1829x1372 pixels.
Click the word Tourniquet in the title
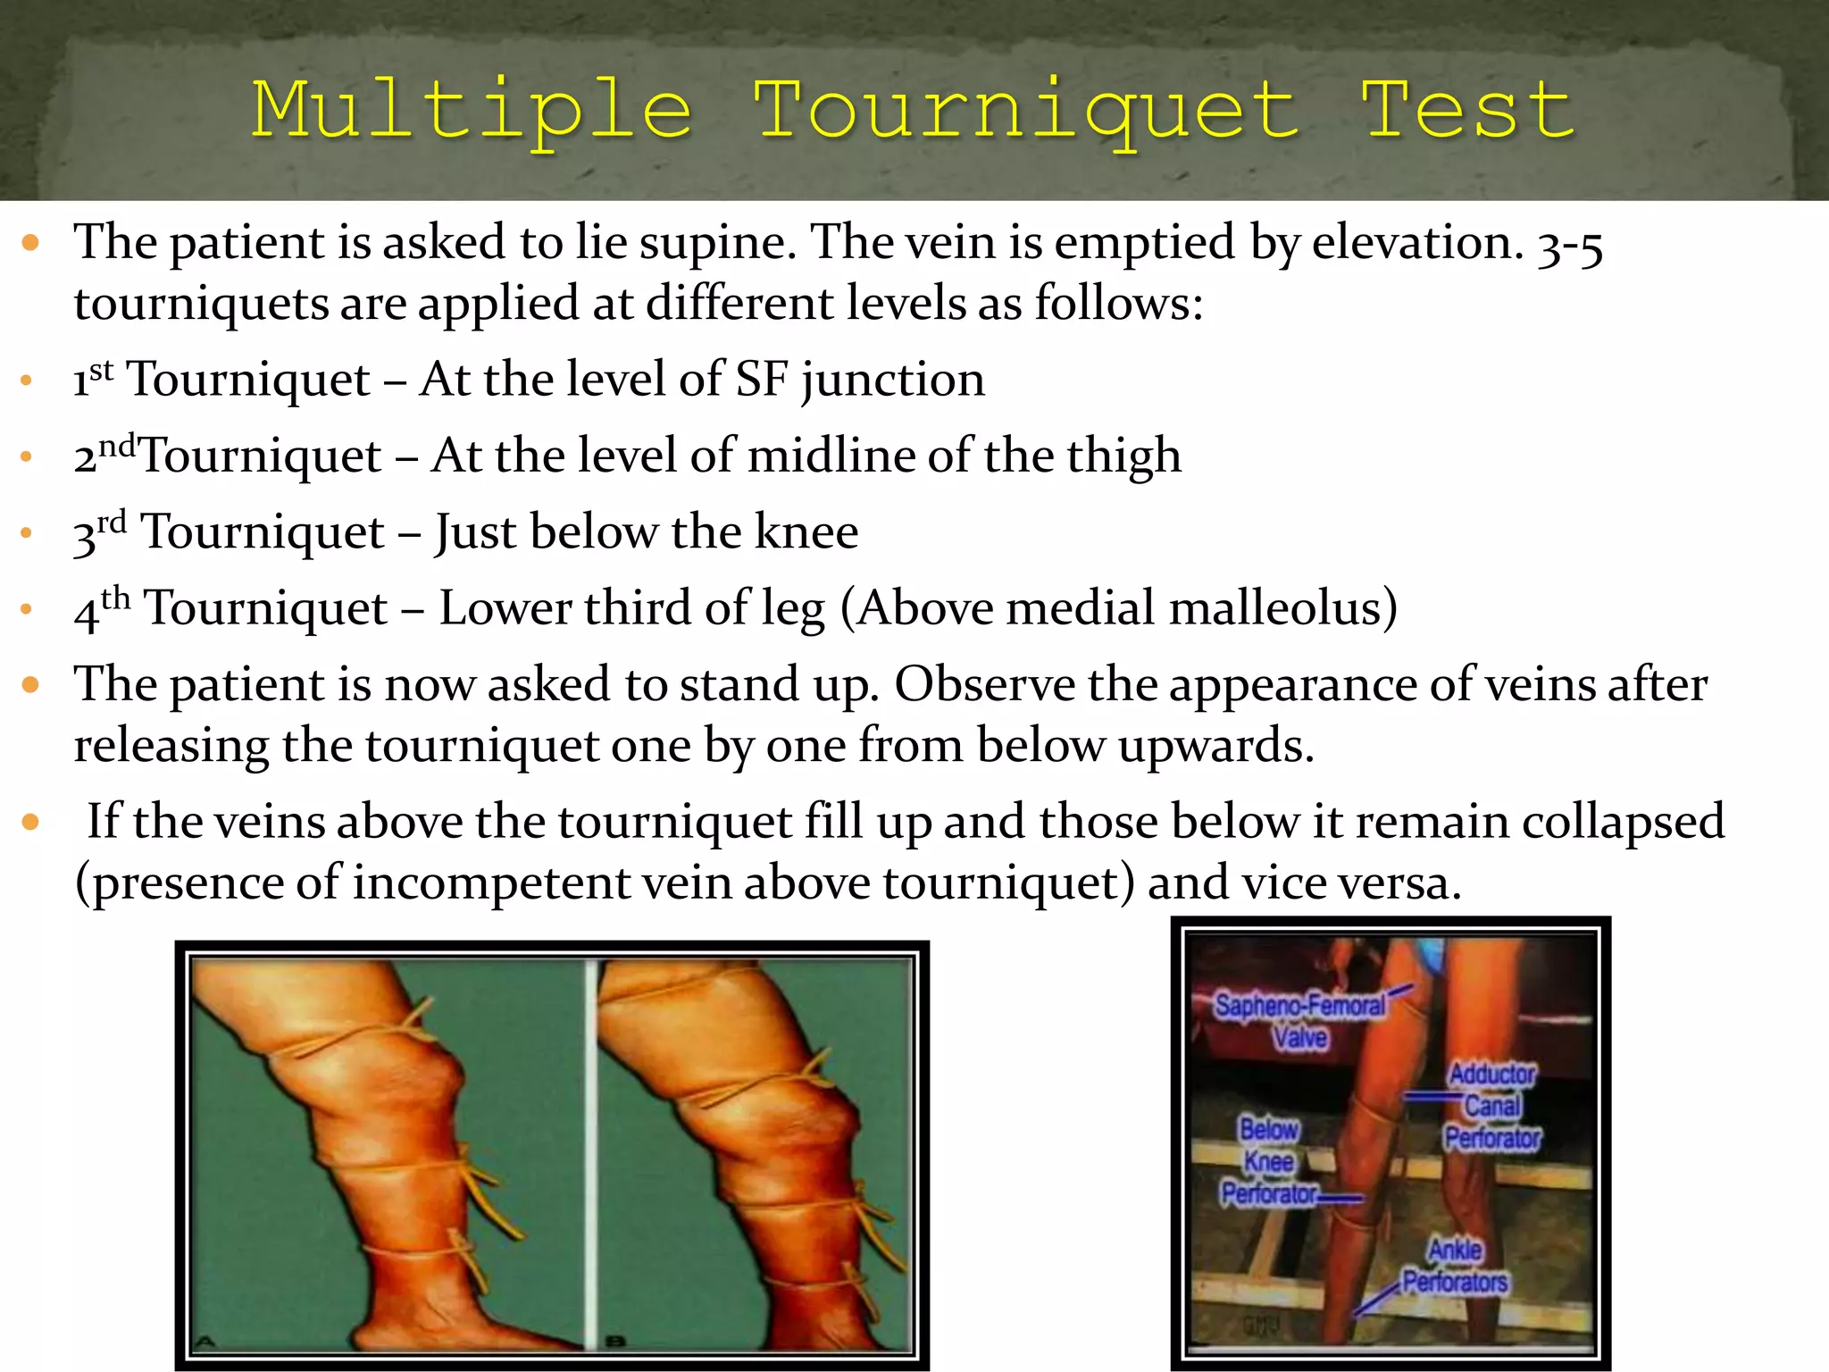(x=1025, y=112)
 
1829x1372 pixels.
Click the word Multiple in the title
(x=472, y=112)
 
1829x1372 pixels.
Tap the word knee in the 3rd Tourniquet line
(x=806, y=532)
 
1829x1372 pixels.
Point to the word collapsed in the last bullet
(x=1623, y=823)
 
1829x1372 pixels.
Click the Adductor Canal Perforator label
(x=1492, y=1106)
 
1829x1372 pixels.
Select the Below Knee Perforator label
(x=1268, y=1162)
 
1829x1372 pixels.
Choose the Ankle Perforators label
(x=1455, y=1267)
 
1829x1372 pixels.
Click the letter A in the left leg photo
(x=206, y=1340)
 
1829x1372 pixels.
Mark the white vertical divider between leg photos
(x=589, y=1152)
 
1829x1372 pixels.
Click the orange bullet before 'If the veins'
(x=31, y=822)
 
